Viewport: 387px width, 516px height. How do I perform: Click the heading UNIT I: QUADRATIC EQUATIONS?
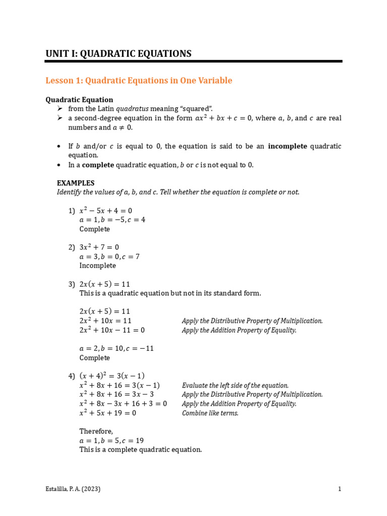[118, 53]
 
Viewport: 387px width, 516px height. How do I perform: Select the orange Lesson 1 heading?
[139, 81]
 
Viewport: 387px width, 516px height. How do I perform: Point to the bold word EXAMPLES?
[76, 183]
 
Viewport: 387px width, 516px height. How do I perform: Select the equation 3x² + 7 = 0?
[99, 247]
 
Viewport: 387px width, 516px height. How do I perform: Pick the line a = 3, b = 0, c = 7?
[109, 256]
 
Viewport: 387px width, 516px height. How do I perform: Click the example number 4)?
[72, 376]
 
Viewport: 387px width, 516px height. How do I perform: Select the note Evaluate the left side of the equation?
[235, 385]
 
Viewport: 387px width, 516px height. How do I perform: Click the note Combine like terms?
[210, 413]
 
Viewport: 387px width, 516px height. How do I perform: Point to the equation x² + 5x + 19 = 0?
[108, 413]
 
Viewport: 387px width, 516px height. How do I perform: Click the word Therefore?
[96, 431]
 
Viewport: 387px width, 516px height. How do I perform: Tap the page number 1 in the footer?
[340, 489]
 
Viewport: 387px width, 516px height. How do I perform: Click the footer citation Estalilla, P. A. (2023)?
[73, 489]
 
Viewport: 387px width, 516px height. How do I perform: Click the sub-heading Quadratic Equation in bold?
[79, 100]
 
